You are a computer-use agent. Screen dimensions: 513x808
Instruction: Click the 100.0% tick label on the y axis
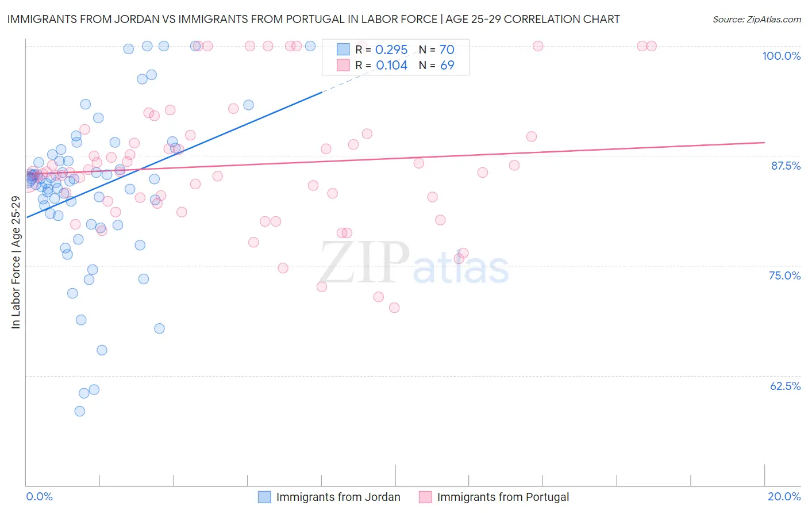click(781, 56)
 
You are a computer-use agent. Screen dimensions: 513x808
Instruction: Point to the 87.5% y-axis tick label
click(786, 166)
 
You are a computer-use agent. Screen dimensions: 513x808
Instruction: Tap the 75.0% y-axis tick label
click(784, 275)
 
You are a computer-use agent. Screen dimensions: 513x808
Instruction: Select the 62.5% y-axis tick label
click(785, 386)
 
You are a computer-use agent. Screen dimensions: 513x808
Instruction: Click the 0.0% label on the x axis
click(39, 496)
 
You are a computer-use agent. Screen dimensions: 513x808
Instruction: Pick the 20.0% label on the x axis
click(784, 496)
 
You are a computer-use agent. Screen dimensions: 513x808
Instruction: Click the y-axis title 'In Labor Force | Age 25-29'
click(16, 262)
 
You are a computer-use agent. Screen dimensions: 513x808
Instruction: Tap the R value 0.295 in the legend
click(391, 50)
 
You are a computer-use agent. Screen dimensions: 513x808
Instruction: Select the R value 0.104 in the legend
click(391, 66)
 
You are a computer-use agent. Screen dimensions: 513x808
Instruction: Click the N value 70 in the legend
click(447, 50)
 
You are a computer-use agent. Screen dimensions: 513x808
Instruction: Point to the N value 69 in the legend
click(447, 66)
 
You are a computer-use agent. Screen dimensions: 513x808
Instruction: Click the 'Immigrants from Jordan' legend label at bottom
click(338, 497)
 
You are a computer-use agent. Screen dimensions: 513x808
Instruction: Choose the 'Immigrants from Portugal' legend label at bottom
click(503, 497)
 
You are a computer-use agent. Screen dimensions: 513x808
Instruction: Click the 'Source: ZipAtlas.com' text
click(756, 20)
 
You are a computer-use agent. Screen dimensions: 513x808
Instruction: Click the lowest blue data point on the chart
click(80, 411)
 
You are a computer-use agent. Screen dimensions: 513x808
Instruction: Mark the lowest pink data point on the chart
click(394, 308)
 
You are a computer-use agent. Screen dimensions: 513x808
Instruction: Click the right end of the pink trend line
click(764, 142)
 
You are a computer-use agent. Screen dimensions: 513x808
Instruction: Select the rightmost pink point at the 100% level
click(652, 46)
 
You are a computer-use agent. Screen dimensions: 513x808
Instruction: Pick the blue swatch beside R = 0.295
click(343, 49)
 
